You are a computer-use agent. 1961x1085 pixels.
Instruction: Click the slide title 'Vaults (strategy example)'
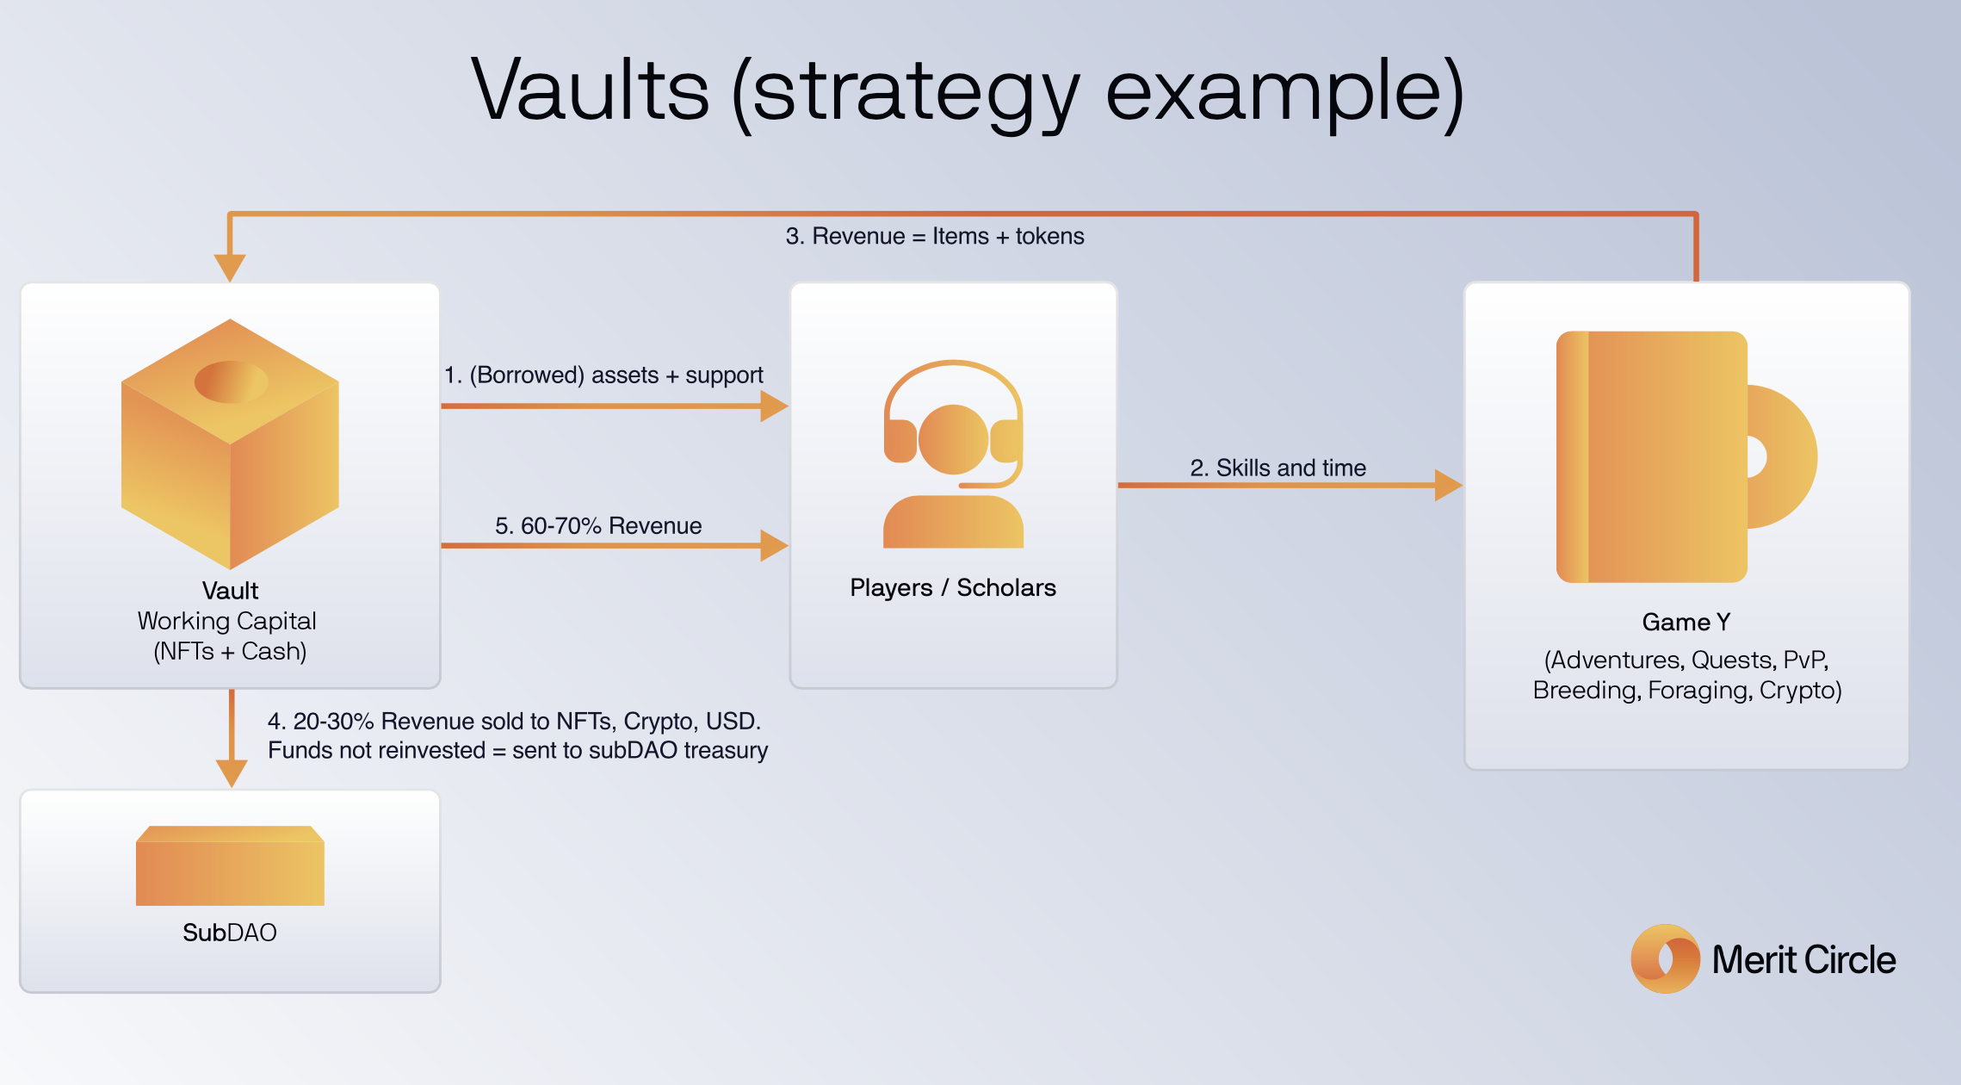click(968, 91)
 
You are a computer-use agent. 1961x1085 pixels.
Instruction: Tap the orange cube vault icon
click(230, 443)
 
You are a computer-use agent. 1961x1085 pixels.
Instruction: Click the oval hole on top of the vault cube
click(231, 381)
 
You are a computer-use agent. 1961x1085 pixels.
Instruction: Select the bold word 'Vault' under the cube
click(230, 591)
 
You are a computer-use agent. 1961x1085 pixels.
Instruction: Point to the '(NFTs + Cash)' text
click(230, 651)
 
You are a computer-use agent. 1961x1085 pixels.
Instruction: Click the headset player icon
click(953, 454)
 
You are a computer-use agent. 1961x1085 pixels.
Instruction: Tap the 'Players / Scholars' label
click(953, 587)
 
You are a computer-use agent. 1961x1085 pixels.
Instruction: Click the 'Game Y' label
click(1686, 622)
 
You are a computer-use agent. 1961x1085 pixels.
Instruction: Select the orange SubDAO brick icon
click(230, 865)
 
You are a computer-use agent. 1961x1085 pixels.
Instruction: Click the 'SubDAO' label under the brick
click(230, 933)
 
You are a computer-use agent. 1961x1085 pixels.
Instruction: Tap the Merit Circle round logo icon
click(1665, 958)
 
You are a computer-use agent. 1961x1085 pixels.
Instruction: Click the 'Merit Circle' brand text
click(1803, 959)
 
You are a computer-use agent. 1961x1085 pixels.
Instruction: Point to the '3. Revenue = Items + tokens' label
click(935, 236)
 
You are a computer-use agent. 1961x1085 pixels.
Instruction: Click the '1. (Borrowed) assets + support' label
click(603, 375)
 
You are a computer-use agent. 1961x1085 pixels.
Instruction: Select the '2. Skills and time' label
click(1278, 468)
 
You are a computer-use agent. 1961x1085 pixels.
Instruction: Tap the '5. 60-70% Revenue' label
click(598, 525)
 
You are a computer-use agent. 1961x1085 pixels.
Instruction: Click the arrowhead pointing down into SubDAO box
click(232, 772)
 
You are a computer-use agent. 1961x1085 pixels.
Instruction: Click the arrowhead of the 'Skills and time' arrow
click(1448, 485)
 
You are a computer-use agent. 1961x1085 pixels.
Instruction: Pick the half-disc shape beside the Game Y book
click(1786, 456)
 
